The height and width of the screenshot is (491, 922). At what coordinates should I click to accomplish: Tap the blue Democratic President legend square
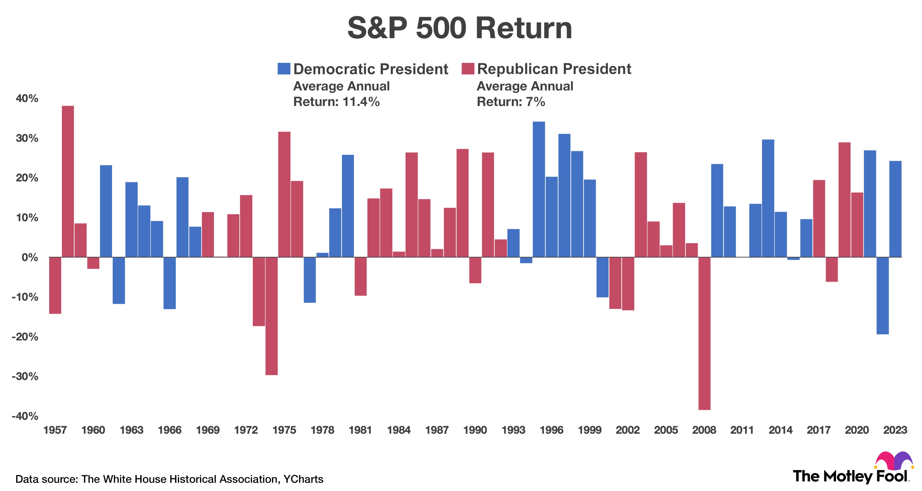pyautogui.click(x=284, y=69)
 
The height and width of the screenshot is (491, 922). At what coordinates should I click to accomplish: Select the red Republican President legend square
pyautogui.click(x=468, y=69)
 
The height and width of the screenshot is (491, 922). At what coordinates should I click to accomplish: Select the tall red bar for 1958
pyautogui.click(x=68, y=181)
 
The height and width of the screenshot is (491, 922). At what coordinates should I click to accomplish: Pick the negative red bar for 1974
pyautogui.click(x=272, y=316)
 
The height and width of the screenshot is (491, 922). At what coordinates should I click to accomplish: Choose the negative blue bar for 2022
pyautogui.click(x=883, y=295)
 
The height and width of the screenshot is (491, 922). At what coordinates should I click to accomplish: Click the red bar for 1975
pyautogui.click(x=285, y=194)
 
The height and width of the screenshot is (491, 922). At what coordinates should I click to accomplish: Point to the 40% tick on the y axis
pyautogui.click(x=27, y=99)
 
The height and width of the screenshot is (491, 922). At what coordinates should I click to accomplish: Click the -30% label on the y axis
pyautogui.click(x=25, y=376)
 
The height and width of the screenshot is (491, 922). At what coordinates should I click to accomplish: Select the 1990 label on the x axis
pyautogui.click(x=475, y=430)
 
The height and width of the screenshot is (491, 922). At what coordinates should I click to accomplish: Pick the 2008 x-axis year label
pyautogui.click(x=704, y=430)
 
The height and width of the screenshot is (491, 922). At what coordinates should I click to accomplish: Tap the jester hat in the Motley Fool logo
pyautogui.click(x=893, y=460)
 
